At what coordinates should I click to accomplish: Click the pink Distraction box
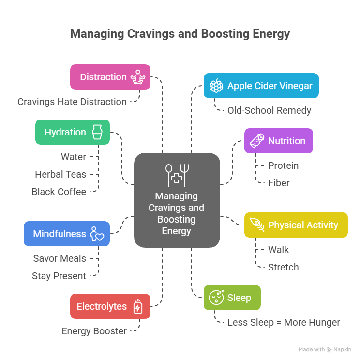click(x=110, y=77)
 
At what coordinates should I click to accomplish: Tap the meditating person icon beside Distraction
click(x=138, y=77)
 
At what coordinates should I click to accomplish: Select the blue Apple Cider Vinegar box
click(x=261, y=86)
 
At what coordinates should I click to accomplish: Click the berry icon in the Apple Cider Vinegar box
click(x=216, y=86)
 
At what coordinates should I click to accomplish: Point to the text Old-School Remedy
click(x=269, y=110)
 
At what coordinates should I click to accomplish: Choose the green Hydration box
click(x=73, y=132)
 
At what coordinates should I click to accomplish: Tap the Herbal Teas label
click(x=60, y=174)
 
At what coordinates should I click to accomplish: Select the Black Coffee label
click(x=59, y=192)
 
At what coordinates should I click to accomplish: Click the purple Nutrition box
click(x=278, y=141)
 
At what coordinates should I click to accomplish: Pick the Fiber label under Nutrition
click(x=279, y=183)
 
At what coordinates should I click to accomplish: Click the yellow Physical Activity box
click(x=296, y=225)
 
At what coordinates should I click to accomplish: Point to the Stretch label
click(x=283, y=267)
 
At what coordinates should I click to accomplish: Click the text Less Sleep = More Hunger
click(x=284, y=322)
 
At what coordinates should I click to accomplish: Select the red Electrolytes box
click(x=110, y=306)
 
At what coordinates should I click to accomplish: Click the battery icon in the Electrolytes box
click(x=138, y=306)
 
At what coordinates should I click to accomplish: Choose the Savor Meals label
click(x=60, y=258)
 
